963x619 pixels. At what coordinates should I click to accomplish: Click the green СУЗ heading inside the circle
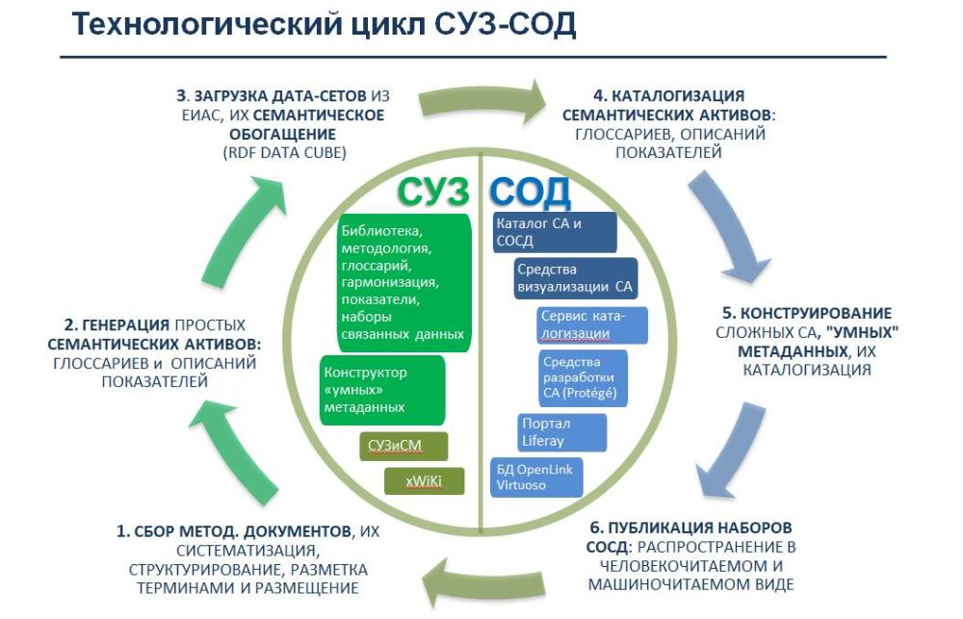tap(433, 191)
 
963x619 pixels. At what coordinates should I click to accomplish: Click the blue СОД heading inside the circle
tap(530, 192)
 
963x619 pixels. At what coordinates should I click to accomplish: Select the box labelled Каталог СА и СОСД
tap(554, 232)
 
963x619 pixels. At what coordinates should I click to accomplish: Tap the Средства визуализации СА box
tap(576, 278)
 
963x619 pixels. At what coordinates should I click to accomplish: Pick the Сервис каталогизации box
tap(592, 324)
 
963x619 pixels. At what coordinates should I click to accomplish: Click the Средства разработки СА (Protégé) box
tap(583, 377)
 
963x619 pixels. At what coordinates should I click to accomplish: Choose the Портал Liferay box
tap(562, 432)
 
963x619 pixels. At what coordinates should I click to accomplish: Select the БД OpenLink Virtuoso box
tap(536, 477)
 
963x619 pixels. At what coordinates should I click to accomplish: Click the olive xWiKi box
tap(424, 481)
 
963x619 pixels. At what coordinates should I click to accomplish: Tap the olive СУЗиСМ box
tap(403, 446)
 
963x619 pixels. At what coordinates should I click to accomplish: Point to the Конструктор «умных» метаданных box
tap(382, 390)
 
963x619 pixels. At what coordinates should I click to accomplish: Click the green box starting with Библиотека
tap(404, 282)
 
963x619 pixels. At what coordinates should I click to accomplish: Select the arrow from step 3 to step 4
tap(482, 101)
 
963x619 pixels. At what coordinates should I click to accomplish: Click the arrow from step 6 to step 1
tap(485, 583)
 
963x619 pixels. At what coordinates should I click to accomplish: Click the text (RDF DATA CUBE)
tap(284, 153)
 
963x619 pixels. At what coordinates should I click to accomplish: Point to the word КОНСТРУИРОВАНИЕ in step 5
tap(807, 313)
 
